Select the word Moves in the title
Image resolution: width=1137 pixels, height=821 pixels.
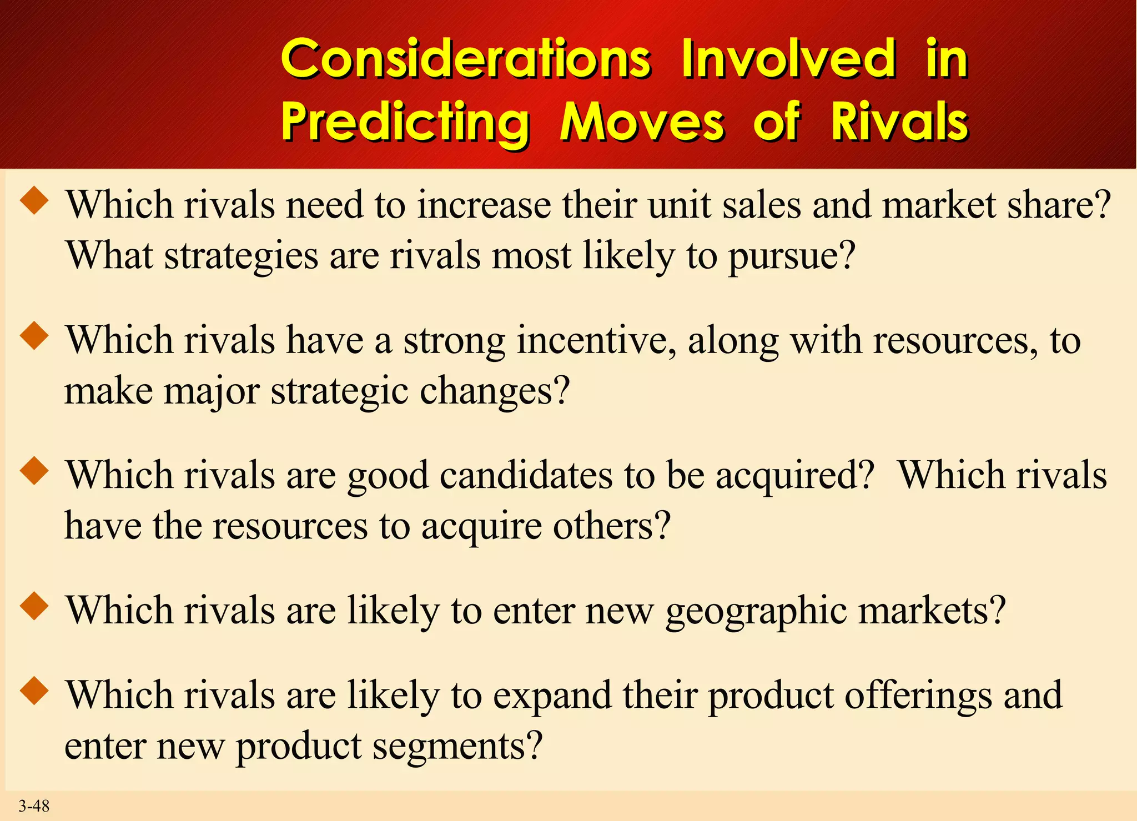click(x=642, y=122)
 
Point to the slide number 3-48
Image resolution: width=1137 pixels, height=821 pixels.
click(x=34, y=805)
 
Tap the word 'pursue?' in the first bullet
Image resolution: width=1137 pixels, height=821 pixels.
click(x=792, y=256)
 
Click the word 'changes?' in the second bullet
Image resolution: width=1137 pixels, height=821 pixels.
click(x=495, y=392)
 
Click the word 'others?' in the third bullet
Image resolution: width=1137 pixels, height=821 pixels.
click(x=612, y=526)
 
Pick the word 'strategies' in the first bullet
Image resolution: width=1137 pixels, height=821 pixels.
click(x=242, y=256)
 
